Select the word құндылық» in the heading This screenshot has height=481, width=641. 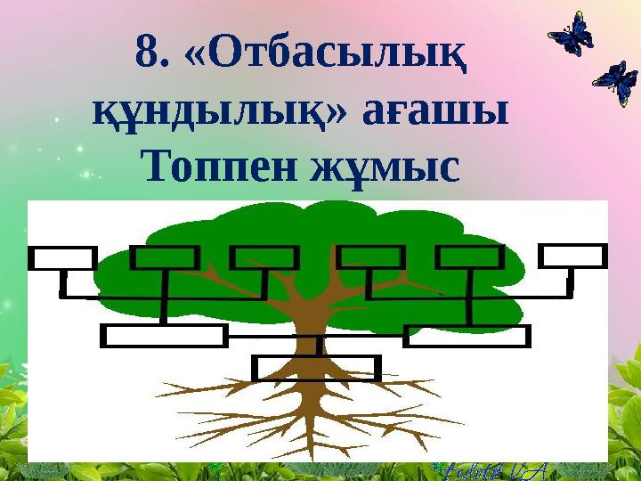pos(189,112)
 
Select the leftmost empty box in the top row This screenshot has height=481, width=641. pos(62,258)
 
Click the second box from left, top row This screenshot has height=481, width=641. pos(165,258)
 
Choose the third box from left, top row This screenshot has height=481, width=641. pos(264,258)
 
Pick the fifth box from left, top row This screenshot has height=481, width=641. pos(470,258)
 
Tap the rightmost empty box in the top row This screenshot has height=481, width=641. pos(572,257)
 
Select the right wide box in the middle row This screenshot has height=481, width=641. pos(467,336)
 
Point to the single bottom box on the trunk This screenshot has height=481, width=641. pos(316,368)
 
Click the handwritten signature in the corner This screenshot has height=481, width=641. pos(485,469)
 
